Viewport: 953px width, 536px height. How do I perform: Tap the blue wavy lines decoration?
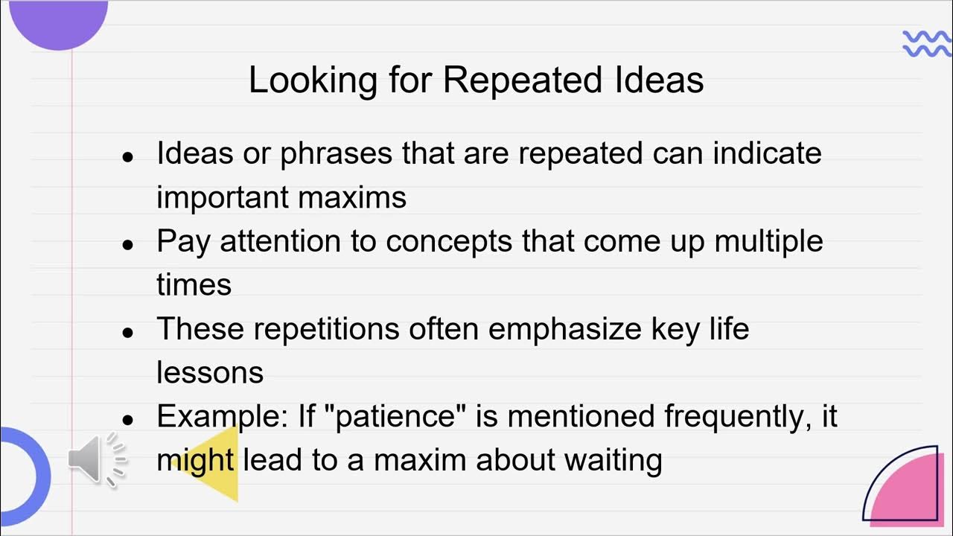[926, 44]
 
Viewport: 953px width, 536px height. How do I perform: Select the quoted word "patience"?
[396, 416]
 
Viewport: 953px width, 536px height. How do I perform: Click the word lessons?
[209, 372]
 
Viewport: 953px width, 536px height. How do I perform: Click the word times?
[194, 284]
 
